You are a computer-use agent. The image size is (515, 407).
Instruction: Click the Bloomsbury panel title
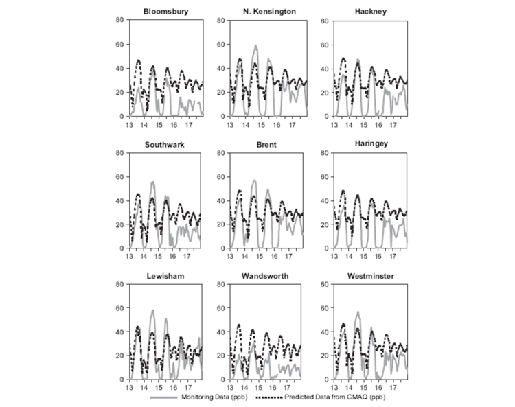tap(166, 12)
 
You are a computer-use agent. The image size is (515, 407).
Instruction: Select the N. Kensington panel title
tap(269, 12)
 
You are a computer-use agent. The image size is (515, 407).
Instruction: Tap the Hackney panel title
tap(371, 12)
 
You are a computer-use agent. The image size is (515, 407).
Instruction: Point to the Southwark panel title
tap(165, 145)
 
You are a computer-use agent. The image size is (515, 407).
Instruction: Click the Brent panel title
tap(266, 145)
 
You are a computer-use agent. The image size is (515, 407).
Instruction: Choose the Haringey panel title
tap(371, 143)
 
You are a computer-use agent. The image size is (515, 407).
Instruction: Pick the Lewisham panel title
tap(165, 276)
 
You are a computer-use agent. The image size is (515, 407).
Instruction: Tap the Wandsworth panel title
tap(265, 276)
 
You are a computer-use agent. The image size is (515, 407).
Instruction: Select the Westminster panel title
tap(371, 276)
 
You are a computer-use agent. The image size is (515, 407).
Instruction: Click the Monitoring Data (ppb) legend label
tap(214, 397)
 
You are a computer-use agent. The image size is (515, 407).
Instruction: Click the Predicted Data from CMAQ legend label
tap(334, 397)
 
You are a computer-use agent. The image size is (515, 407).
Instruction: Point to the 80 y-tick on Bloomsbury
tap(120, 20)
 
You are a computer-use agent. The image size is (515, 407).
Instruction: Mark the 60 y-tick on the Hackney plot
tap(325, 45)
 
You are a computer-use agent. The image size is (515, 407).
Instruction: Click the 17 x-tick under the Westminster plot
tap(393, 388)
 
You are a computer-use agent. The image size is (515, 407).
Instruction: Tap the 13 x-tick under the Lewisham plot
tap(129, 388)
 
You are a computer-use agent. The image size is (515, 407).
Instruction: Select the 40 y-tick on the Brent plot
tap(220, 200)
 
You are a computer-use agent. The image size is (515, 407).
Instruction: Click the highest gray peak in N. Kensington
tap(255, 45)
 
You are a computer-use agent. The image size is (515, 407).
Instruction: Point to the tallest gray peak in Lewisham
tap(152, 310)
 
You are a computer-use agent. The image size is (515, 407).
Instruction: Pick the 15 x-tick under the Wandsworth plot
tap(258, 388)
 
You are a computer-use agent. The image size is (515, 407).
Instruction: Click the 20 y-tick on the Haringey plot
tap(325, 224)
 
